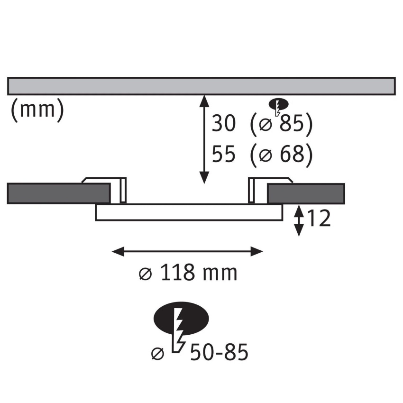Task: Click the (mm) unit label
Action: point(37,110)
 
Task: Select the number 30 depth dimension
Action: point(223,123)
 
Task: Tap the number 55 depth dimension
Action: point(223,154)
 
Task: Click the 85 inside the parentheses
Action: point(292,123)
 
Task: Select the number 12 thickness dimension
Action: point(319,219)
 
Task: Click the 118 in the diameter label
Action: point(177,273)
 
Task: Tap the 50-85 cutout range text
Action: point(219,352)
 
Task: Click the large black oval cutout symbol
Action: point(181,319)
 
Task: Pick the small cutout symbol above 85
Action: point(278,105)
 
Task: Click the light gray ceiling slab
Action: point(201,86)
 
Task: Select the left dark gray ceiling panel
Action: point(59,193)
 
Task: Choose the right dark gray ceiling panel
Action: point(306,193)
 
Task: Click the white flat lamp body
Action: point(189,212)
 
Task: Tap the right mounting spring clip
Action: point(270,190)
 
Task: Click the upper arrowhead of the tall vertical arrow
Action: point(204,101)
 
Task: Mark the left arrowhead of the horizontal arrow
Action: point(118,251)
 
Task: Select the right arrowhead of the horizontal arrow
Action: point(256,251)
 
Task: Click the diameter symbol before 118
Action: point(146,274)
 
